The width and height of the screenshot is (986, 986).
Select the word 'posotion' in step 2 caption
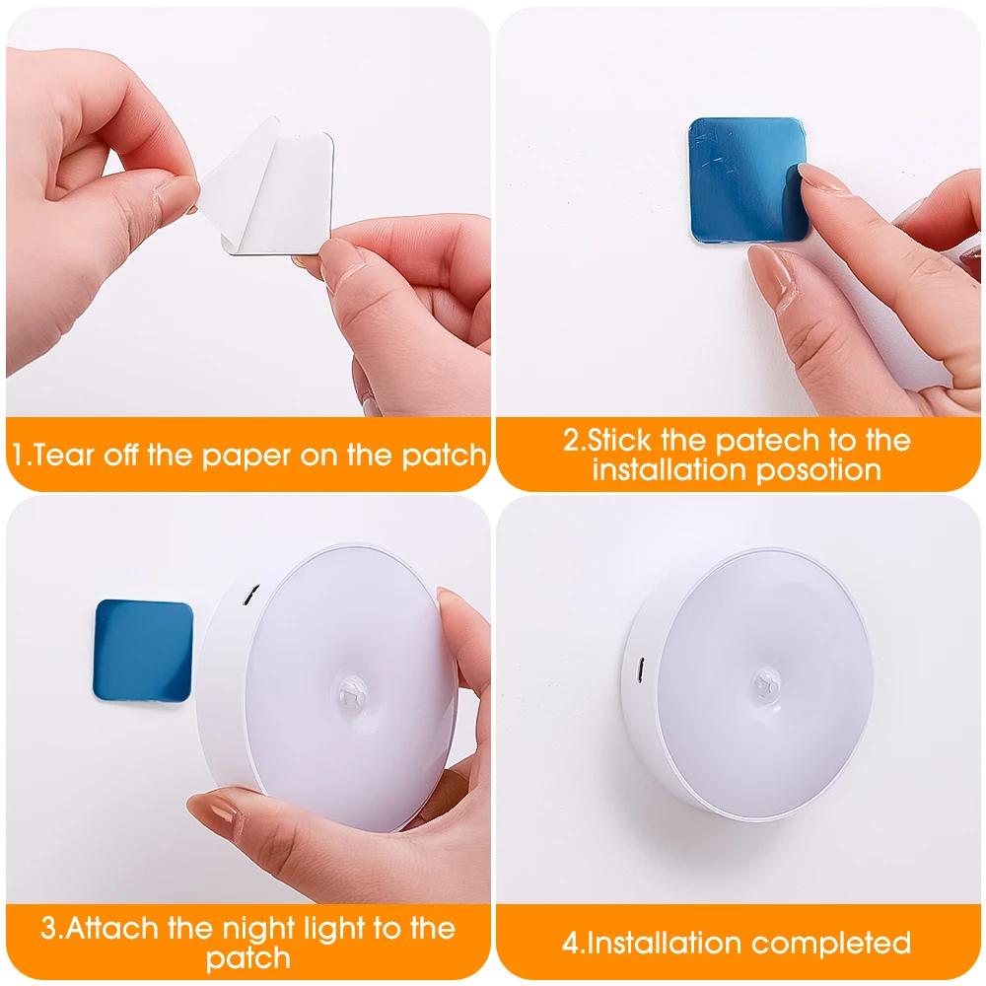click(817, 469)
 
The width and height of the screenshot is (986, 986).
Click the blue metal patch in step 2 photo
click(745, 177)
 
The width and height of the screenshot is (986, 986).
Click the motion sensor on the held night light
click(349, 687)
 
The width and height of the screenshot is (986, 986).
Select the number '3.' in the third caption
click(52, 929)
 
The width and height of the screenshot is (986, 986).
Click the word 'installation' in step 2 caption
click(670, 469)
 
